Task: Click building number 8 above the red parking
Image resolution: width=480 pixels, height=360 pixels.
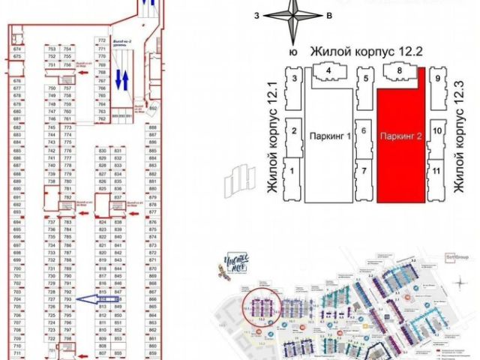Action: coord(400,71)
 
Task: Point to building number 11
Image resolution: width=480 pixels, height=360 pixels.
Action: coord(437,171)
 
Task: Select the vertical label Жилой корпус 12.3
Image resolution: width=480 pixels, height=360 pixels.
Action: coord(457,142)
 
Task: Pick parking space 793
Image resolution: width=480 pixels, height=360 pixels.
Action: coord(67,300)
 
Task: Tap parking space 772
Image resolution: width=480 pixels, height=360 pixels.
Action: coord(102,40)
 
